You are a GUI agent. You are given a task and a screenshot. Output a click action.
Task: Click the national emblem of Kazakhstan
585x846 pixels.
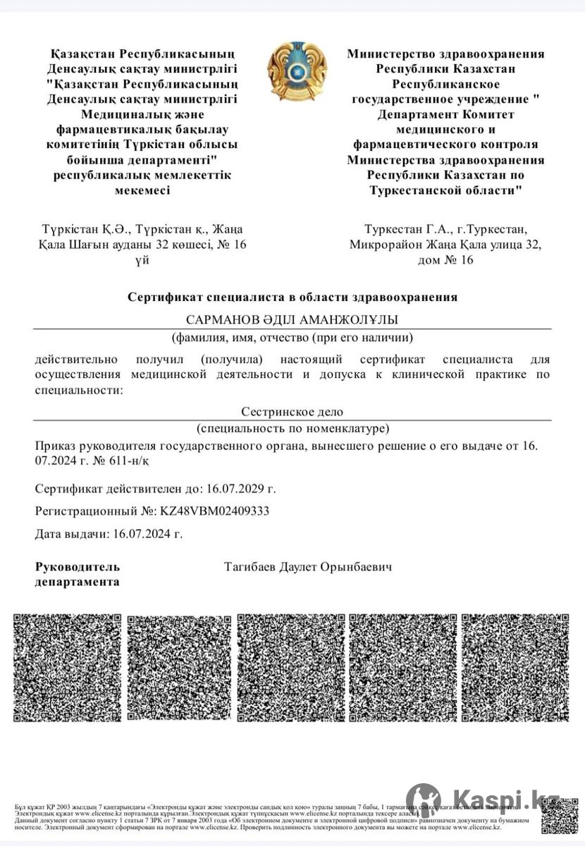[297, 71]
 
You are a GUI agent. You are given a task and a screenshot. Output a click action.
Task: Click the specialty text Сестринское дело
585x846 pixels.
[292, 412]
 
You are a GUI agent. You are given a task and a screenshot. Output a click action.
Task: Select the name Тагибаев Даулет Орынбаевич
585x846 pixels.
[308, 567]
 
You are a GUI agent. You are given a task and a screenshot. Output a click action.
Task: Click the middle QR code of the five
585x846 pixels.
[291, 668]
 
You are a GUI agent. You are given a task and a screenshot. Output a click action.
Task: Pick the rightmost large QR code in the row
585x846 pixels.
[515, 668]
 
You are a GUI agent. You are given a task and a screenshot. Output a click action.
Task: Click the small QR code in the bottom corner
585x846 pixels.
[559, 815]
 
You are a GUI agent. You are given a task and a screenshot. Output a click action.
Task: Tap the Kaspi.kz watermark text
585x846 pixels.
[506, 799]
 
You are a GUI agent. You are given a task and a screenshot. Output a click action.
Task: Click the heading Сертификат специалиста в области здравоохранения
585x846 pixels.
[292, 297]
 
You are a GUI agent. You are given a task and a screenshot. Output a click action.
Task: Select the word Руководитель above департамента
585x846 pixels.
[78, 567]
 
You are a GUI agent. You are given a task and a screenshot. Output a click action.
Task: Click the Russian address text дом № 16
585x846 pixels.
[446, 259]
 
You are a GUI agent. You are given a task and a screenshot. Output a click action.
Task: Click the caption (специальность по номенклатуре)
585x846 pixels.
[292, 428]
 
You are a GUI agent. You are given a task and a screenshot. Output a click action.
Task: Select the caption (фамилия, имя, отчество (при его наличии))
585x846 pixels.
[292, 336]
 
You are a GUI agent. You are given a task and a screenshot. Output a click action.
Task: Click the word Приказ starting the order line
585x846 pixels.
[57, 446]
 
